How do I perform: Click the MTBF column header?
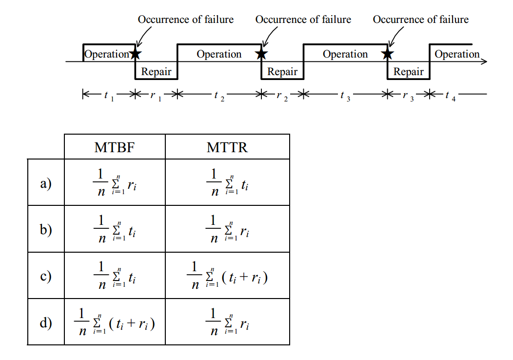(115, 147)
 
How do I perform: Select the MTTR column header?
(227, 147)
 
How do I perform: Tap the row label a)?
(46, 183)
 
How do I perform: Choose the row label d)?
(46, 323)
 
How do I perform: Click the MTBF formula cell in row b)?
(115, 229)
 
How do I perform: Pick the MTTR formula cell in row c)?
(227, 276)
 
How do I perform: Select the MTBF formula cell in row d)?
(115, 322)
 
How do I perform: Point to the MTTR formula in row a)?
(227, 182)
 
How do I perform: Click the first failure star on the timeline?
(136, 54)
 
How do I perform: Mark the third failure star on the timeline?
(387, 54)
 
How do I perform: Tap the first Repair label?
(156, 71)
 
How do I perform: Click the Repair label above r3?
(408, 71)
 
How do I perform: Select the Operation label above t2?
(219, 54)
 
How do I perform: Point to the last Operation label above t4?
(457, 54)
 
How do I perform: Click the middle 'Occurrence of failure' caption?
(303, 20)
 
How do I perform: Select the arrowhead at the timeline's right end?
(485, 61)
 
